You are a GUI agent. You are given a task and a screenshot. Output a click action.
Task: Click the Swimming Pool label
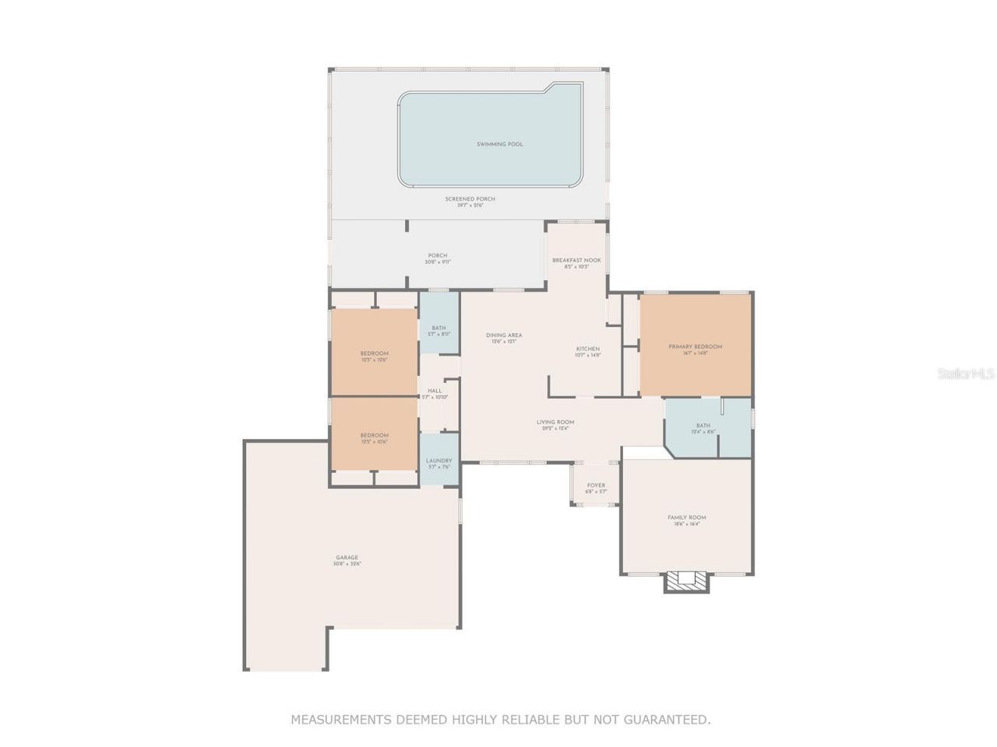[499, 144]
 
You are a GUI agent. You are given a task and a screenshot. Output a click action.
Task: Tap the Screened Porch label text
[470, 199]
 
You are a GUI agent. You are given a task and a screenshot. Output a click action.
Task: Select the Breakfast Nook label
[576, 260]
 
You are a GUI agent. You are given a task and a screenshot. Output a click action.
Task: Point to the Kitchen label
[587, 349]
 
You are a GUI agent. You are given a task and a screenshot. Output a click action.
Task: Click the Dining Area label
[504, 335]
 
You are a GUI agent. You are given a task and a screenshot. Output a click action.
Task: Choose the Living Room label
[555, 423]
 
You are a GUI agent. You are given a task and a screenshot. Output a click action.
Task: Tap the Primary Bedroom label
[695, 346]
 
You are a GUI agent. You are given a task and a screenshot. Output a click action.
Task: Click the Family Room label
[686, 517]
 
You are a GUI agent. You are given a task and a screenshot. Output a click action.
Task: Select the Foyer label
[596, 486]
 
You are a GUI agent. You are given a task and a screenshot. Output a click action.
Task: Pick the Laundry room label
[439, 461]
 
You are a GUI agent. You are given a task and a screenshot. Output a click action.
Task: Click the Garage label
[347, 557]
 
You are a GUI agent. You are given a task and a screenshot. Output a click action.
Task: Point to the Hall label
[435, 391]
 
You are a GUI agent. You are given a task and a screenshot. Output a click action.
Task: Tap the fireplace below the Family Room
[686, 580]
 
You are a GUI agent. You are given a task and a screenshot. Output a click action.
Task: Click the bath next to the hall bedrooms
[439, 328]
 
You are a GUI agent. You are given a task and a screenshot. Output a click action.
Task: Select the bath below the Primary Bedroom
[703, 426]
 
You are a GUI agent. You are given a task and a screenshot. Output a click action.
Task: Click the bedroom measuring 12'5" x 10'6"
[374, 436]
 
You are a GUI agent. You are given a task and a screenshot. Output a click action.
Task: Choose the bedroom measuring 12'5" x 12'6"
[374, 354]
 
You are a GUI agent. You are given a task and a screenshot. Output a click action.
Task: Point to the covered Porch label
[437, 256]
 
